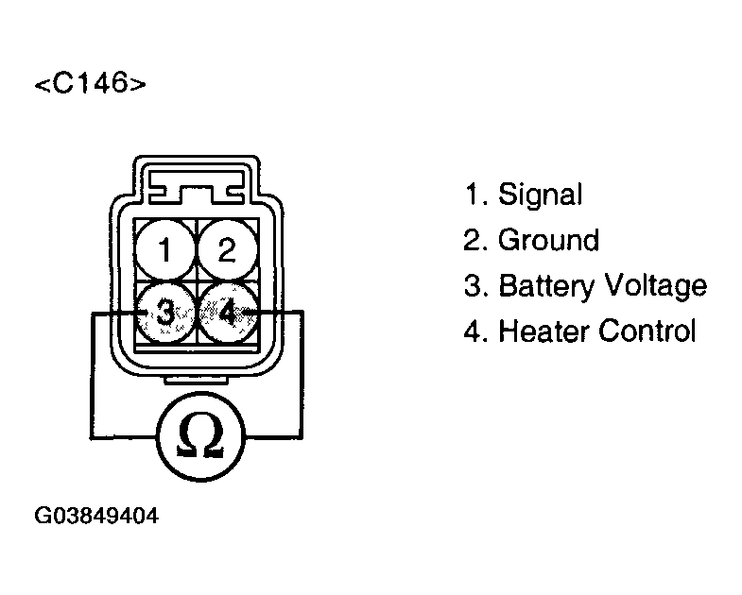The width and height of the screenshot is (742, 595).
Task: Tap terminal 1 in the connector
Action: point(164,251)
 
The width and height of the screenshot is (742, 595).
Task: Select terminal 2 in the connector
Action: point(227,250)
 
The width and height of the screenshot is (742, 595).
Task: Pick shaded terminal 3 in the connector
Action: point(165,312)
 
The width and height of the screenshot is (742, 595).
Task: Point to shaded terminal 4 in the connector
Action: point(228,312)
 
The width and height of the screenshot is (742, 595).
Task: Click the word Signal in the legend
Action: point(540,195)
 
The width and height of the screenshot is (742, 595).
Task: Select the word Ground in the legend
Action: point(548,241)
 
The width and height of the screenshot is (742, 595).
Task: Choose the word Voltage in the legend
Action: point(657,285)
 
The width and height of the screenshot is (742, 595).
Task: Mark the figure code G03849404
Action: point(96,517)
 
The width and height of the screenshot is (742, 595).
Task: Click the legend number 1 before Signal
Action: point(473,195)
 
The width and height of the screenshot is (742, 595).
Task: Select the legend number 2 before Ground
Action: point(474,241)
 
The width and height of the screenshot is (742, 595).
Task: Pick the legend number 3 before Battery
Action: point(474,286)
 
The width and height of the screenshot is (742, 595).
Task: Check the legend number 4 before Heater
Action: point(474,331)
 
